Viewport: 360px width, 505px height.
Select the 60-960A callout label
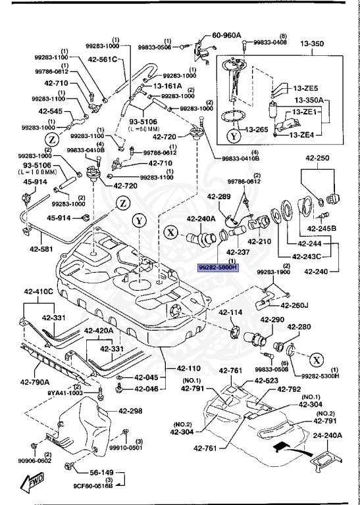[x=226, y=36]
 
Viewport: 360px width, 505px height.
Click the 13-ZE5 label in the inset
[x=305, y=87]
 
